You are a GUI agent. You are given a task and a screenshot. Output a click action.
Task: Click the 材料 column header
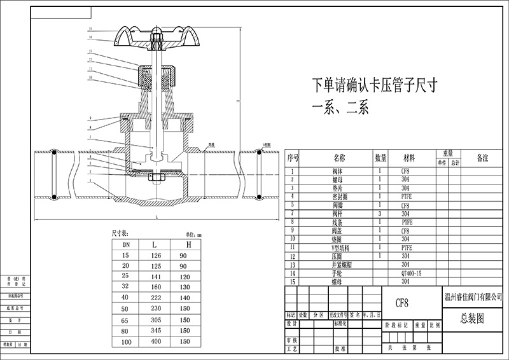[409, 157]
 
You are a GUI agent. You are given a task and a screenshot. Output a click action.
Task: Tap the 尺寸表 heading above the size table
[120, 233]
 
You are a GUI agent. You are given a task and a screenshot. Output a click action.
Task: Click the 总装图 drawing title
[471, 318]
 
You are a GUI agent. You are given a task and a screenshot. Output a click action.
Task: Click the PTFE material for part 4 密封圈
[407, 197]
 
